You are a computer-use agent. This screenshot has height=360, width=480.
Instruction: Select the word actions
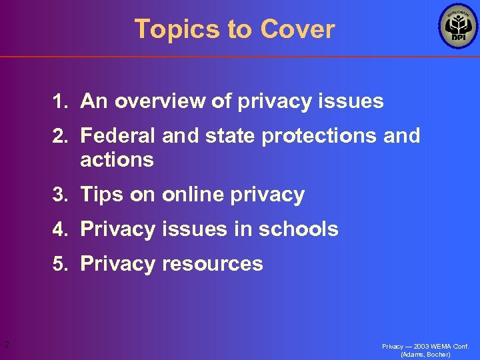coord(117,160)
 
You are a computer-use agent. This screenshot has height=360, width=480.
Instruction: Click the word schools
coord(298,229)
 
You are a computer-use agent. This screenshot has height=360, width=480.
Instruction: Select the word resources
coord(211,264)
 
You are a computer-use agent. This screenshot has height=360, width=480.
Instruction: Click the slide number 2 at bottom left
coord(6,345)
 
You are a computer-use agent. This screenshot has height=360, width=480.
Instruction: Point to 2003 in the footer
coord(420,347)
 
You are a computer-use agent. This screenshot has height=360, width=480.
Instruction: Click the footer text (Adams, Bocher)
coord(425,355)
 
